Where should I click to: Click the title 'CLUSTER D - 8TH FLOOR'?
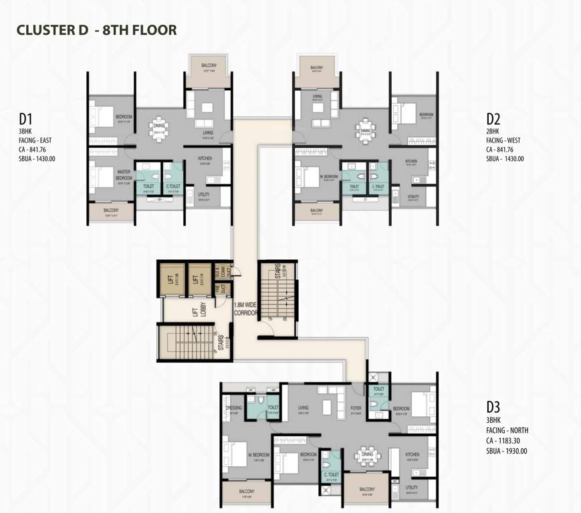96,30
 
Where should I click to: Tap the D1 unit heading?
27,120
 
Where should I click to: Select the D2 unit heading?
493,120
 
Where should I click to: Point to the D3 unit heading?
493,405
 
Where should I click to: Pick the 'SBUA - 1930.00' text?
507,451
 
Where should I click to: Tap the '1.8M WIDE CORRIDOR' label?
245,308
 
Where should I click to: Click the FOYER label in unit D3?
355,407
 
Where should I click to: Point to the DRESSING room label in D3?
234,407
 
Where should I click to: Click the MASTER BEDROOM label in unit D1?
124,174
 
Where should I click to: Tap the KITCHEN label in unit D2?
412,161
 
